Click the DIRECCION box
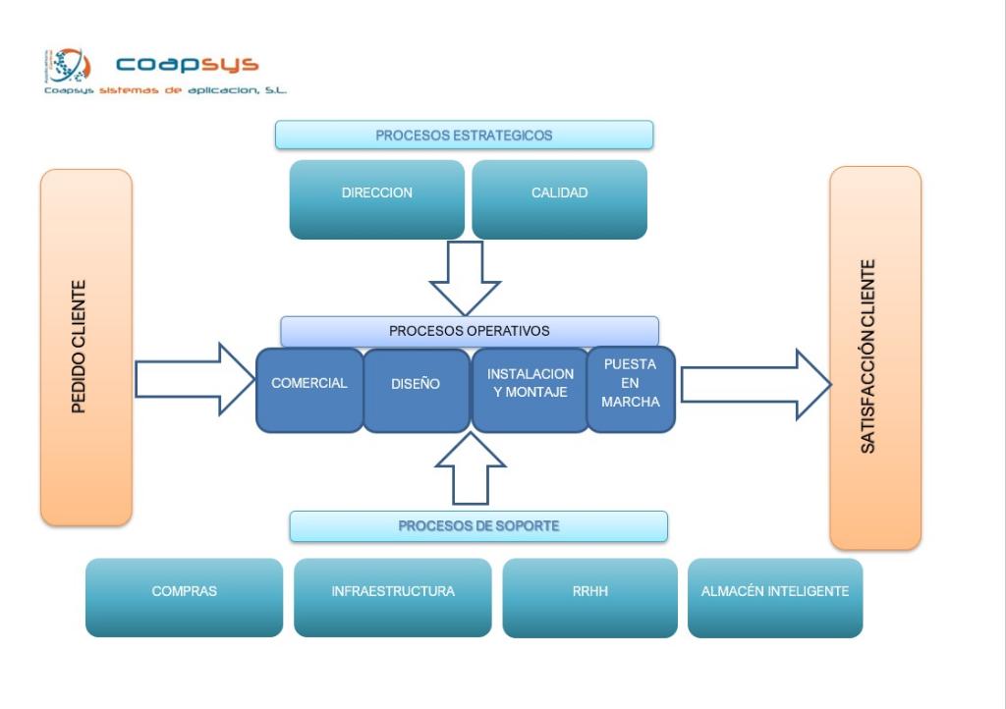376,199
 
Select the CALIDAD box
559,199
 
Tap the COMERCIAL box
309,390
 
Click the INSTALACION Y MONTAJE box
530,390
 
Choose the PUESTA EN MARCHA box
631,389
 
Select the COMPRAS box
184,597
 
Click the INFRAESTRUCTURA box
392,597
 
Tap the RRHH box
589,597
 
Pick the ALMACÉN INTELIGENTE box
774,597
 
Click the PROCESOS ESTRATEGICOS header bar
464,136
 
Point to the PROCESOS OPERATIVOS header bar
469,331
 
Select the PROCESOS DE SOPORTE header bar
478,526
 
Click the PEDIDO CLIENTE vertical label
85,347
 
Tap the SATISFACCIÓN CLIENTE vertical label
874,356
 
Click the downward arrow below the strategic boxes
465,279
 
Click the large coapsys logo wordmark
187,65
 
